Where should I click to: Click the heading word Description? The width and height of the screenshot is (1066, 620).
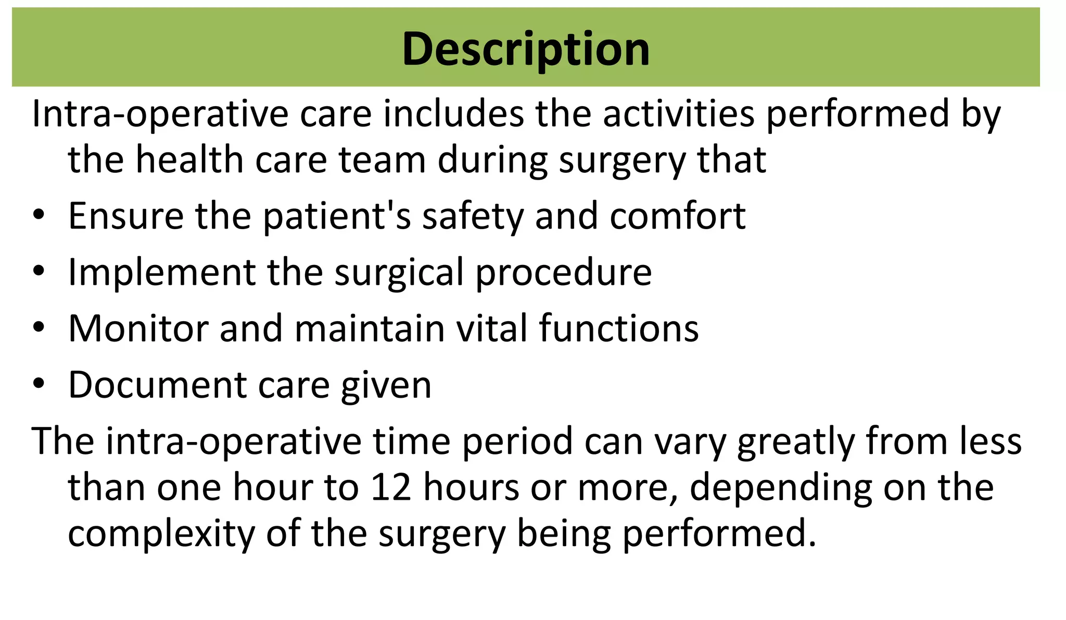(x=526, y=49)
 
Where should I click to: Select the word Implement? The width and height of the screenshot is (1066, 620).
(x=162, y=272)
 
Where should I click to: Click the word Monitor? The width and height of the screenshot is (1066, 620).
(x=138, y=328)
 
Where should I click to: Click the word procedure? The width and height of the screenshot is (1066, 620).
(x=563, y=272)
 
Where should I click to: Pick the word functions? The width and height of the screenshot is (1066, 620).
(x=618, y=328)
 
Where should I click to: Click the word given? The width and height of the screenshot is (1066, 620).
(x=386, y=386)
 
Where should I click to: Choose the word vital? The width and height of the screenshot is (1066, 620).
(x=491, y=328)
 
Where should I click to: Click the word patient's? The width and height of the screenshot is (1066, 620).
(x=337, y=217)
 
